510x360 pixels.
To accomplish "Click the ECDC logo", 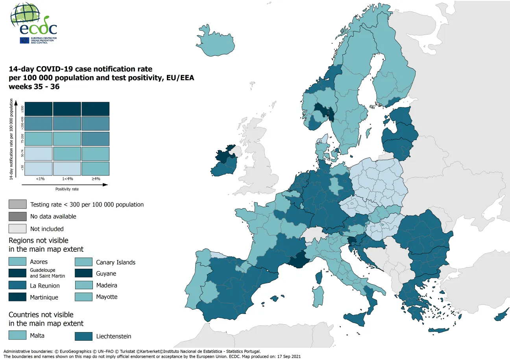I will coord(34,24).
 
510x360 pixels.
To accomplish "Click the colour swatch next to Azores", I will coord(18,262).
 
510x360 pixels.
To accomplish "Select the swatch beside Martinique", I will coord(18,297).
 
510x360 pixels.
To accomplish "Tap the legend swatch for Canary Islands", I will coord(84,262).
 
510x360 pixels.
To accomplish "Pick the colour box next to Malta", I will coord(18,335).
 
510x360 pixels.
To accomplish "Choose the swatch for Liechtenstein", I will coord(84,336).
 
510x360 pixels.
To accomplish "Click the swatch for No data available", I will coord(18,216).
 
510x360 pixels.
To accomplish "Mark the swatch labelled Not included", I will coord(18,229).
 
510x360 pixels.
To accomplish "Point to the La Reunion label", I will coord(45,286).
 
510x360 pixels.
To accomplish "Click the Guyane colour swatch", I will coord(84,273).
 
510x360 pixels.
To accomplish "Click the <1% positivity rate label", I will coord(40,179).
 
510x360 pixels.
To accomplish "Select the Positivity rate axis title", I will coord(67,189).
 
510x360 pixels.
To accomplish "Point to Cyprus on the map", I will coord(502,316).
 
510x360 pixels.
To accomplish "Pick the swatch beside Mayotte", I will coord(84,297).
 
